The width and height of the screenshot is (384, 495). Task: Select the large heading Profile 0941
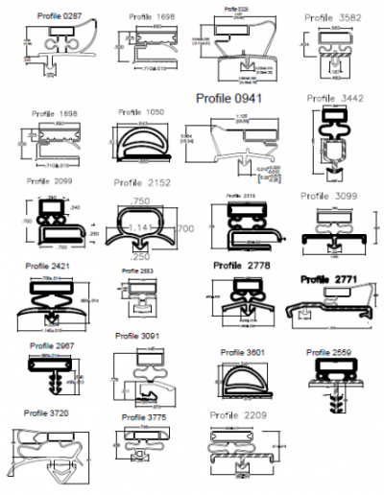click(x=229, y=99)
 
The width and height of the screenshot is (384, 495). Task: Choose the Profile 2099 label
click(x=49, y=180)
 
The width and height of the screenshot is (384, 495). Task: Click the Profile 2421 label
click(x=49, y=266)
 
